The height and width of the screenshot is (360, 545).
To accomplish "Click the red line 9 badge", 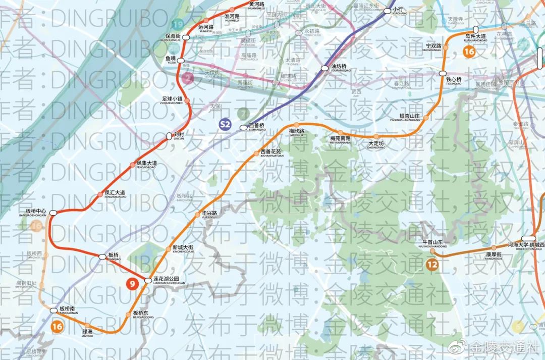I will pyautogui.click(x=132, y=284).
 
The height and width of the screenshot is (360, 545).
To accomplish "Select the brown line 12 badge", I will pyautogui.click(x=431, y=264).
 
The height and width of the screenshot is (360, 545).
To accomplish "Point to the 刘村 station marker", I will pyautogui.click(x=170, y=136).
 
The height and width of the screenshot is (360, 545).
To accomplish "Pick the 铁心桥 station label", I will pyautogui.click(x=453, y=79).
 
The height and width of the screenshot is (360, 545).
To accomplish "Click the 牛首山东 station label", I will pyautogui.click(x=432, y=243).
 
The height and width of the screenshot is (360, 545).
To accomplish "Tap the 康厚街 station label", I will pyautogui.click(x=493, y=255).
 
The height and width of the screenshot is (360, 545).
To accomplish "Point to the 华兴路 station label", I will pyautogui.click(x=209, y=213).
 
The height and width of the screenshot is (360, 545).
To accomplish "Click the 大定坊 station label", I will pyautogui.click(x=376, y=143).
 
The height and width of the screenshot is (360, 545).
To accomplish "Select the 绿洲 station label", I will pyautogui.click(x=87, y=332).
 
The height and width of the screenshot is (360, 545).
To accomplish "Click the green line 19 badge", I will pyautogui.click(x=177, y=24).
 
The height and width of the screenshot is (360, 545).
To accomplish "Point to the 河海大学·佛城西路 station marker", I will pyautogui.click(x=528, y=238).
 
